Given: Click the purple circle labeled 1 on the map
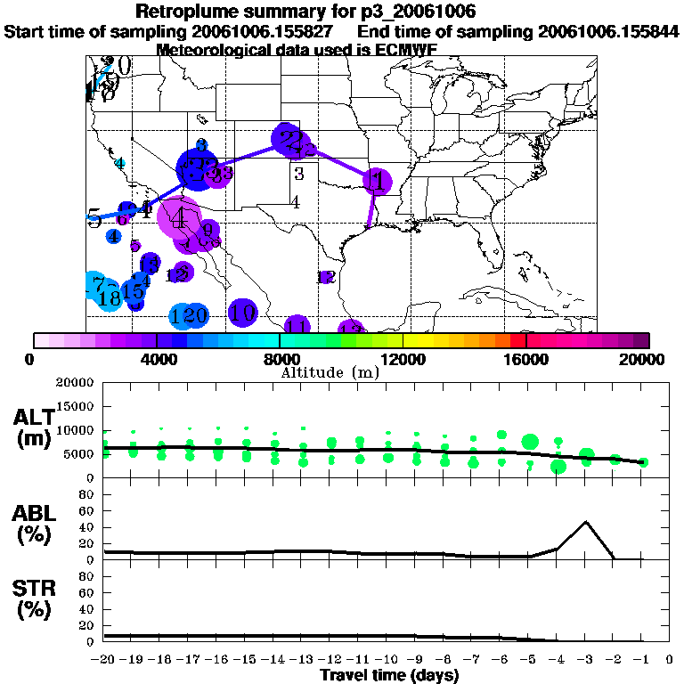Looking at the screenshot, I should tap(377, 182).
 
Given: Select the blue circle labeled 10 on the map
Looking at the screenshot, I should tap(243, 313).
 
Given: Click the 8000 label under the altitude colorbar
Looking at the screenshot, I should tap(280, 360).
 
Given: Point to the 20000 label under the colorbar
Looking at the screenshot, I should tap(642, 360).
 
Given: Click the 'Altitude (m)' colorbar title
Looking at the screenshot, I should tap(330, 372).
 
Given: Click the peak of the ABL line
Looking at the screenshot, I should tap(586, 522).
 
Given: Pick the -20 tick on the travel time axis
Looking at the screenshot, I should tap(102, 660).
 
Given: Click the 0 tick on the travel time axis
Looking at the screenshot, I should tap(669, 660).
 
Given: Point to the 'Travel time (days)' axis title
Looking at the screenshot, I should tap(389, 676).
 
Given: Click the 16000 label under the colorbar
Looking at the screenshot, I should tap(526, 360).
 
